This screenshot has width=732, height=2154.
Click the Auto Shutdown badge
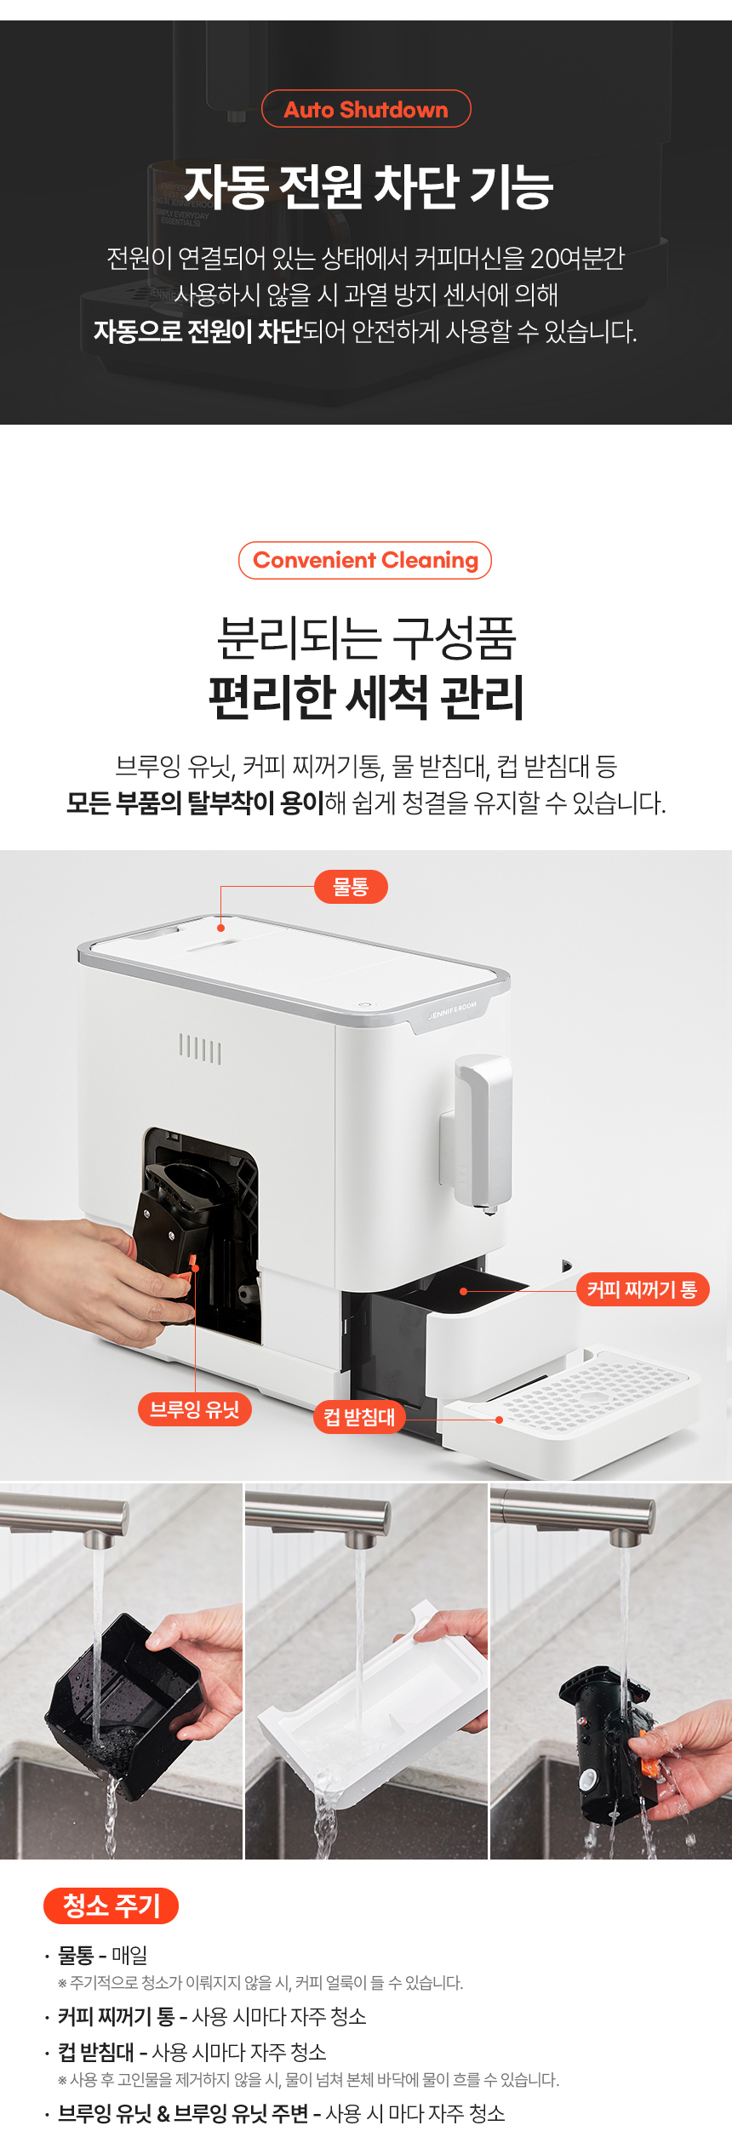366,109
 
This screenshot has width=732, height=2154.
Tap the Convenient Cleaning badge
365,560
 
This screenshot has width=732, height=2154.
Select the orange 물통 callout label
351,887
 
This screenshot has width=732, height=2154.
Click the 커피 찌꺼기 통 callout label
643,1289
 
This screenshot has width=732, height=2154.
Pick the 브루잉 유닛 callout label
195,1409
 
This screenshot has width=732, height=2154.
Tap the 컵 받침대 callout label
359,1417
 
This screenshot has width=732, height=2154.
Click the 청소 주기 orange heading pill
112,1905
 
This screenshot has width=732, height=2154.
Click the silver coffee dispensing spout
482,1133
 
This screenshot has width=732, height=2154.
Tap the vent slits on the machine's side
200,1049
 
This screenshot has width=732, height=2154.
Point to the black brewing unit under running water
609,1736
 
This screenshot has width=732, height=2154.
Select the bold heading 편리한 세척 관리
366,697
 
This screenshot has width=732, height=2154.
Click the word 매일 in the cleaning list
129,1956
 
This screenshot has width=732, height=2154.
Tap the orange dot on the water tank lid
221,928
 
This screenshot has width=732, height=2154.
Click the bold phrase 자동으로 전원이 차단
197,331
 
